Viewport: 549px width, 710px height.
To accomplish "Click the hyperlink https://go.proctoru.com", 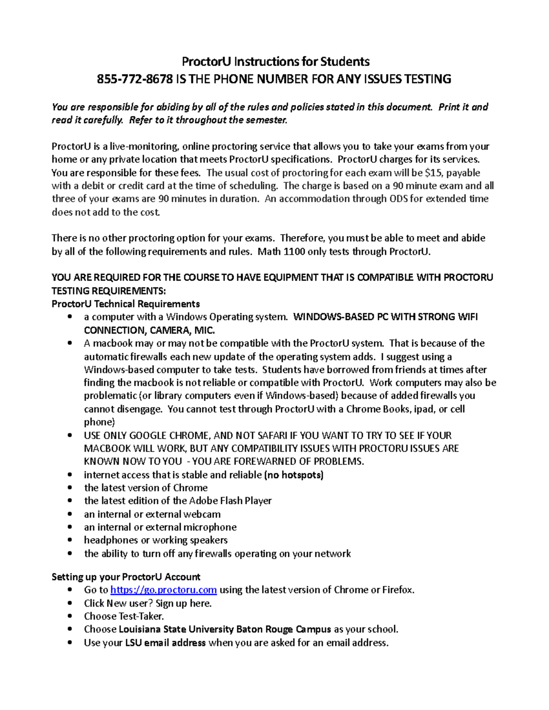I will (x=163, y=590).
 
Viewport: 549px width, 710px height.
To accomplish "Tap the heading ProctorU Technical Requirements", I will (x=126, y=304).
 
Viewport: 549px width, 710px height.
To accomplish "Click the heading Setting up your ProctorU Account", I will (x=126, y=577).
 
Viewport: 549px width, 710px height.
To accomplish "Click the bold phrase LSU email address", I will (x=165, y=643).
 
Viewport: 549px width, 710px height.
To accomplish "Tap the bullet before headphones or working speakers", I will (x=70, y=540).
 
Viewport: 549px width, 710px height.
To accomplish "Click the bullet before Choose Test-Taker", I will (x=70, y=616).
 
